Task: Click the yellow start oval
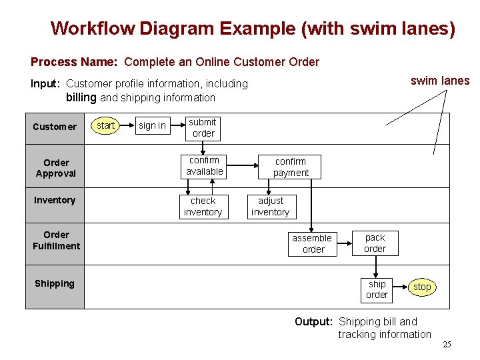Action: click(x=105, y=125)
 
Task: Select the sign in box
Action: click(x=152, y=125)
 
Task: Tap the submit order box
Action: click(x=203, y=127)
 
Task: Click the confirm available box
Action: click(x=204, y=166)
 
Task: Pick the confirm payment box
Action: click(x=291, y=167)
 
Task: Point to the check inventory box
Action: click(x=203, y=206)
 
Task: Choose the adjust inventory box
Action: click(x=270, y=206)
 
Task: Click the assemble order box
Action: click(x=312, y=243)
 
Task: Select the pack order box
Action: click(x=375, y=243)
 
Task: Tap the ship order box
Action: click(x=377, y=289)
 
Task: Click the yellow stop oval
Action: click(x=422, y=287)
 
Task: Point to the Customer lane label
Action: click(x=55, y=127)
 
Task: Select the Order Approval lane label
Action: click(x=56, y=168)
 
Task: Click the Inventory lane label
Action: click(x=55, y=200)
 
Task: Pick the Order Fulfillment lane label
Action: click(x=56, y=240)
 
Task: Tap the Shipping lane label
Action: click(x=55, y=283)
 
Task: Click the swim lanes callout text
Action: click(x=439, y=81)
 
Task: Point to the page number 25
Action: click(x=447, y=345)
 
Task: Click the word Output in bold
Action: click(x=313, y=321)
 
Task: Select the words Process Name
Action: click(x=74, y=62)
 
